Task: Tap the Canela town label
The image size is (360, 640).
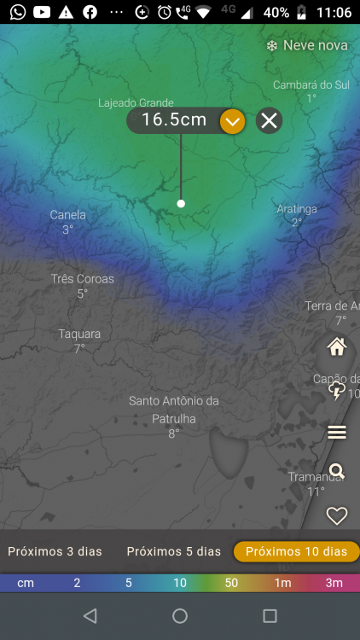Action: (x=67, y=215)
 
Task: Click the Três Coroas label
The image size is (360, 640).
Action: (x=82, y=279)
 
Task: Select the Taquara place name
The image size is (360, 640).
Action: (x=79, y=334)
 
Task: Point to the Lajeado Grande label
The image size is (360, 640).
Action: (x=136, y=103)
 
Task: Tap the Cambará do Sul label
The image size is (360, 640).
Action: (x=311, y=84)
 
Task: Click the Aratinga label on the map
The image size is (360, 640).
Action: (x=297, y=209)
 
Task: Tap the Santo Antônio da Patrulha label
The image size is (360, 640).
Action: (x=174, y=410)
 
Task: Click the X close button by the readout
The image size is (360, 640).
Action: (x=269, y=120)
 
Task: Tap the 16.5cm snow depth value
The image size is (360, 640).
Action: (x=174, y=120)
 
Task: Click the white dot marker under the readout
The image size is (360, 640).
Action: (x=181, y=203)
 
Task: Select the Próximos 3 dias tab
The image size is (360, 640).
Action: (x=55, y=551)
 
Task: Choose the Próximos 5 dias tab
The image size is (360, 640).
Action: (x=173, y=551)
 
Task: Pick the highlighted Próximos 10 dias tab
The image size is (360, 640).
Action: (x=296, y=551)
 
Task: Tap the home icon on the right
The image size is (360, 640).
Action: (x=337, y=346)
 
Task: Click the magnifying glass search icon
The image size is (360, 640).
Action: (x=337, y=471)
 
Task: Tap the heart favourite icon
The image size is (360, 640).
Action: (x=337, y=515)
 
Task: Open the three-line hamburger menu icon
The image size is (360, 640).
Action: (x=337, y=433)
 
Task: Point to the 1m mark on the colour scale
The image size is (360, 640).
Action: (x=282, y=583)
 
